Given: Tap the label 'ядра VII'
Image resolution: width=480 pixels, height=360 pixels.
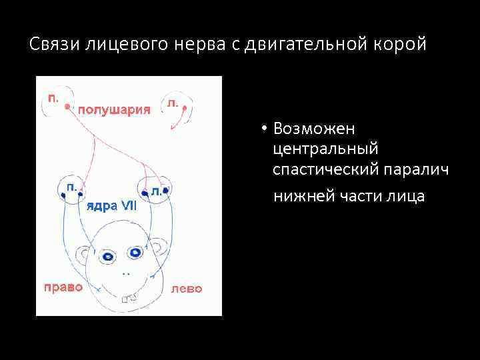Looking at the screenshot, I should tap(112, 205).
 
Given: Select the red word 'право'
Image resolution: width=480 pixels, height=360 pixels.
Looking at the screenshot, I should tap(63, 287).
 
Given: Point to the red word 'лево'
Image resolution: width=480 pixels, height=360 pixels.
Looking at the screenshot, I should tap(186, 289).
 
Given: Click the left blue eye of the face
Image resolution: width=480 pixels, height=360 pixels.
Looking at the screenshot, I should tap(107, 256).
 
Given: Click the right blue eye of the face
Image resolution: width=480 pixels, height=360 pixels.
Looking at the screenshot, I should tap(135, 253).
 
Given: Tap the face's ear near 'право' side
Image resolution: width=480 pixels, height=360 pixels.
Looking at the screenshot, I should tap(83, 254).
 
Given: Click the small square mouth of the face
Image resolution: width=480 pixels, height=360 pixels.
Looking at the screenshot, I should tap(125, 301).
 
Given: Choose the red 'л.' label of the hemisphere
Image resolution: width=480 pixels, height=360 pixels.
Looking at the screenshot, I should tap(173, 103).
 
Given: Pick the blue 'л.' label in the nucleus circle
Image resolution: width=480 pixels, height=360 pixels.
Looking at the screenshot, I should tap(155, 191).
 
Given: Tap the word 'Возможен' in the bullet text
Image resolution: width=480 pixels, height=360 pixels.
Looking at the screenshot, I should tap(309, 128).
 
